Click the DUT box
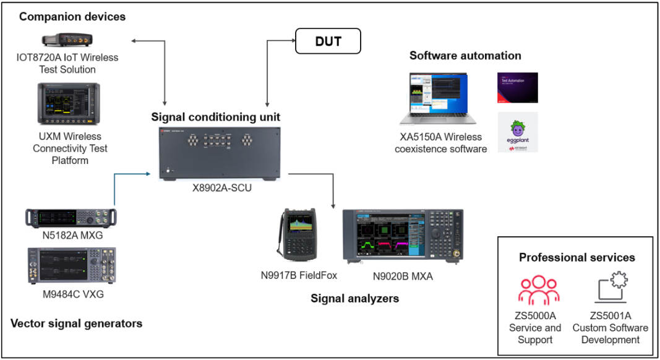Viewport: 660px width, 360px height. pyautogui.click(x=328, y=42)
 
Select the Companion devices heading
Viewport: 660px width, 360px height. pyautogui.click(x=72, y=17)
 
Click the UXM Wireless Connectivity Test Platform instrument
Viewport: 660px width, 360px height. pyautogui.click(x=67, y=104)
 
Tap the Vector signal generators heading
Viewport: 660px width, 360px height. pyautogui.click(x=77, y=323)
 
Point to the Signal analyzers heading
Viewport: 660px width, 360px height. pyautogui.click(x=354, y=299)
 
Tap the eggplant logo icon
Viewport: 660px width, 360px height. pyautogui.click(x=518, y=132)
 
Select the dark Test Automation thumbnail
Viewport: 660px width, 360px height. pyautogui.click(x=518, y=87)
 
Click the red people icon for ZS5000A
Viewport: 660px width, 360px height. pyautogui.click(x=534, y=291)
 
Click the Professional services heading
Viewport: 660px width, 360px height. pyautogui.click(x=576, y=257)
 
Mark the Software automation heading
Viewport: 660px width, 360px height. pyautogui.click(x=465, y=56)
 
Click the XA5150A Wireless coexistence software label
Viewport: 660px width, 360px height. pyautogui.click(x=440, y=143)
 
